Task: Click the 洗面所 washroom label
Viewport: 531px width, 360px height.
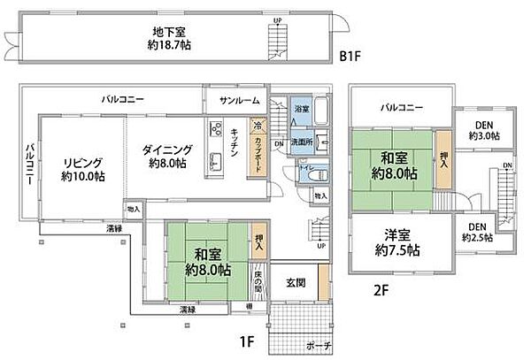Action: (x=304, y=142)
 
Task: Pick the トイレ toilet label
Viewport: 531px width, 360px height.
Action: (x=302, y=165)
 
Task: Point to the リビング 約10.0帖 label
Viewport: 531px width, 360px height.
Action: (x=82, y=169)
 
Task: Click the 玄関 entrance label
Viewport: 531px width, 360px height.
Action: (x=296, y=282)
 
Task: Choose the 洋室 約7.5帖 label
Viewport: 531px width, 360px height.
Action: (x=400, y=243)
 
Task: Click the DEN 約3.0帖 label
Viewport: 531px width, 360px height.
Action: (x=483, y=131)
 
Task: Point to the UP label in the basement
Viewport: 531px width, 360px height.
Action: (x=278, y=20)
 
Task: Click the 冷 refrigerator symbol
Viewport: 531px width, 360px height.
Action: (x=257, y=126)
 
